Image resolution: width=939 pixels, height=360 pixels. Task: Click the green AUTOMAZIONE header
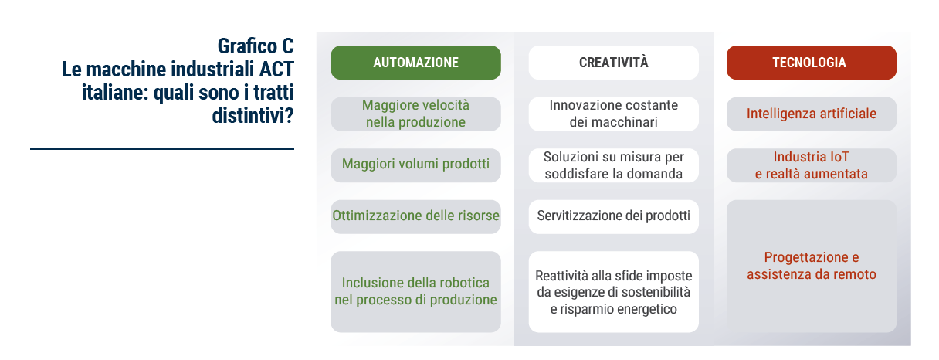(415, 63)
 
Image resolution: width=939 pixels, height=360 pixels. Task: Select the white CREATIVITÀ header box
(613, 63)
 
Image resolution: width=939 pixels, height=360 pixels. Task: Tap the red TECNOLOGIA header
(811, 63)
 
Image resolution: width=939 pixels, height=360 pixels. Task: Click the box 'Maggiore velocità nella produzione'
(415, 114)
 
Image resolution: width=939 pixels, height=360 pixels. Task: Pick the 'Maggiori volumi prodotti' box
(415, 165)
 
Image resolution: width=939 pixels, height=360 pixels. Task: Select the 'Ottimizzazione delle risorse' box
(415, 216)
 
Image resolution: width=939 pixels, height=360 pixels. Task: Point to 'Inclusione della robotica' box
(415, 291)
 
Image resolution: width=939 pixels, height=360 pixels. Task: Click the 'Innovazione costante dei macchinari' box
(613, 114)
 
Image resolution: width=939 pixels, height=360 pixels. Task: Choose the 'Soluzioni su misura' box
(613, 165)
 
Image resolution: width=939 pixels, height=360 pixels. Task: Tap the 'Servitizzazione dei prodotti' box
(613, 216)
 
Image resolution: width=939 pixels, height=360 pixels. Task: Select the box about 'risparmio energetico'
(613, 291)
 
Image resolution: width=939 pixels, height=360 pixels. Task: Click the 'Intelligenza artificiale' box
(811, 114)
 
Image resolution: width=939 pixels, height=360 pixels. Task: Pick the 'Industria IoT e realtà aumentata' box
(811, 165)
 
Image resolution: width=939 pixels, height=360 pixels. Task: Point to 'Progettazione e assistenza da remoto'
(811, 266)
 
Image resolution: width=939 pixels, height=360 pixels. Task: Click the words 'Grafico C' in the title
(256, 46)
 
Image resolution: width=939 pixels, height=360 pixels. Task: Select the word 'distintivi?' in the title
(253, 115)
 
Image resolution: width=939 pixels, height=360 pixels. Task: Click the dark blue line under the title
(162, 148)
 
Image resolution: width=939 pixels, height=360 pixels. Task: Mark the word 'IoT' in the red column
(839, 157)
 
